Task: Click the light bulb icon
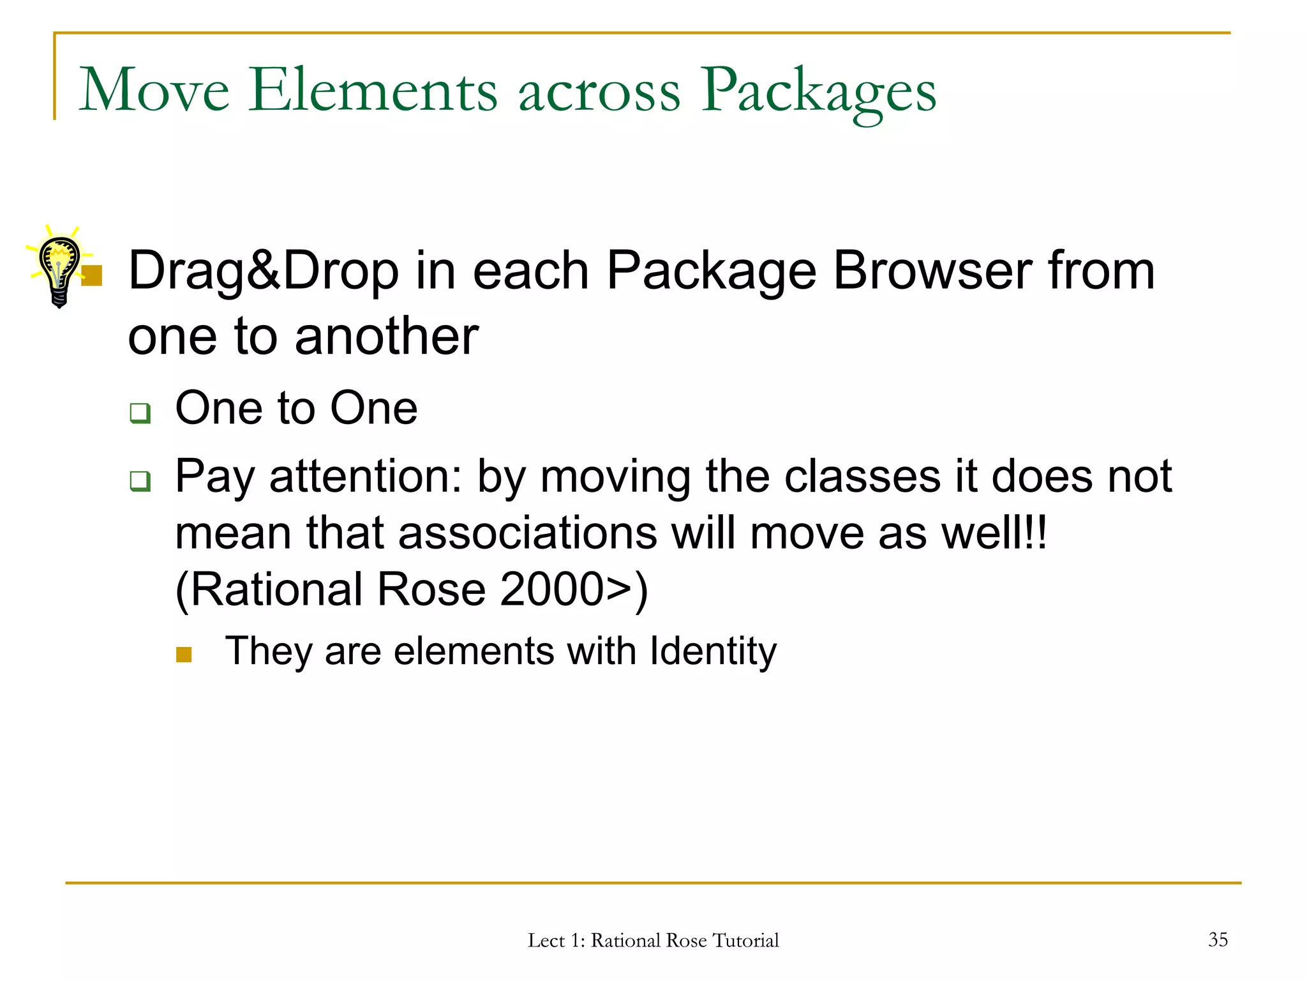(x=59, y=267)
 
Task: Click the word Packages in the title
(x=819, y=91)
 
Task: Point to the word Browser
(x=932, y=270)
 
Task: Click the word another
(x=386, y=337)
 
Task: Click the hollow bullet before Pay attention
(x=140, y=480)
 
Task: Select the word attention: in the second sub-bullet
(x=366, y=476)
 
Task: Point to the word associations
(x=527, y=533)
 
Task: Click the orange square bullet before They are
(x=184, y=655)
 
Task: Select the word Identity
(x=713, y=651)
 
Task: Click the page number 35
(x=1218, y=939)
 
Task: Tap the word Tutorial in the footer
(x=745, y=941)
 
